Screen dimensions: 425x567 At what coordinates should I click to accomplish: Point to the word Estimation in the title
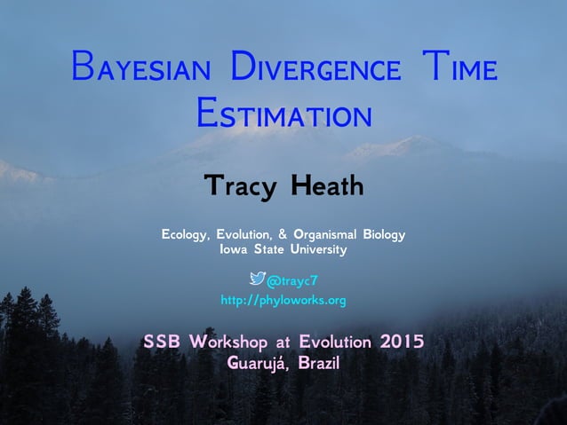click(283, 114)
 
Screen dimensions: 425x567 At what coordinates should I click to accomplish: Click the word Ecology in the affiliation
click(186, 235)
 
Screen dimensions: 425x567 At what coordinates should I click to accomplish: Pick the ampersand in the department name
click(283, 235)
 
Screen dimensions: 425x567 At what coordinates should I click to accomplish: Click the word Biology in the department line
click(384, 235)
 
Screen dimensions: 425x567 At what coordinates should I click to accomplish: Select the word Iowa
click(233, 250)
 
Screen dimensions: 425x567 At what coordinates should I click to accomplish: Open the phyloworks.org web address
click(283, 301)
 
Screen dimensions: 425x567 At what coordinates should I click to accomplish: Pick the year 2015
click(401, 342)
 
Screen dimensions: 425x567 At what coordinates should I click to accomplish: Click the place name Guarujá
click(258, 363)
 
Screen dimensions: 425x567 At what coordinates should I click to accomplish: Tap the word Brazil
click(319, 363)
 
